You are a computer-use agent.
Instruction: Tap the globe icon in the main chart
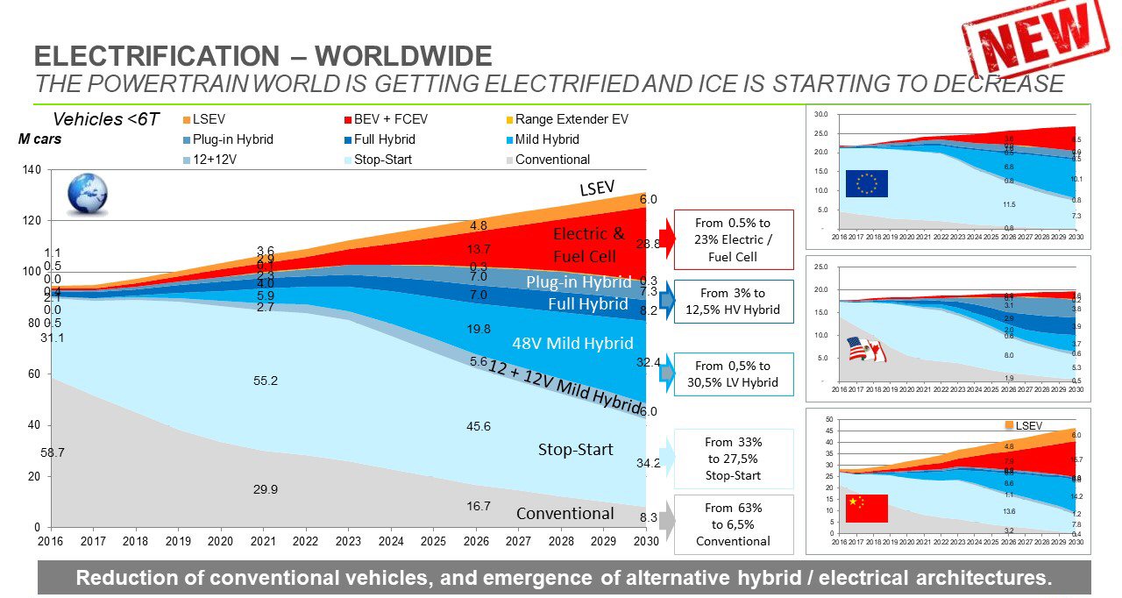[88, 194]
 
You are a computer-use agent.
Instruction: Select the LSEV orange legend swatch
[187, 119]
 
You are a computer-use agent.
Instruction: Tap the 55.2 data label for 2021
[266, 381]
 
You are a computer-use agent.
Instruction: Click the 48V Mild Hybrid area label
[568, 344]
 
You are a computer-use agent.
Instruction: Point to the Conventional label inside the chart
[565, 513]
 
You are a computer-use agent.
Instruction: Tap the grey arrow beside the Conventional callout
[667, 523]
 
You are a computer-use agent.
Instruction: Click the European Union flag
[866, 183]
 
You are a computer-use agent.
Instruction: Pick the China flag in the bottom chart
[866, 508]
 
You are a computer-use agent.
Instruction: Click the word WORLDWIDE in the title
[403, 57]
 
